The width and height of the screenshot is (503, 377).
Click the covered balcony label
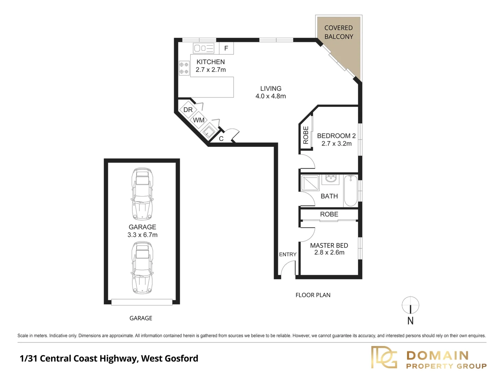[x=338, y=32]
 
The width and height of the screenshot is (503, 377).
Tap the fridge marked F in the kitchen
[x=226, y=48]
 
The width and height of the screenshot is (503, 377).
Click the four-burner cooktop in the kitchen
[x=184, y=68]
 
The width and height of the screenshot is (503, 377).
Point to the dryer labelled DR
[x=188, y=110]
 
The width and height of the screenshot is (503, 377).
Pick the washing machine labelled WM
[x=199, y=120]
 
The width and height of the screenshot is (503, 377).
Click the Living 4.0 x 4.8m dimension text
[x=271, y=96]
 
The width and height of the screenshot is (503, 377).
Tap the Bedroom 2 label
[x=336, y=136]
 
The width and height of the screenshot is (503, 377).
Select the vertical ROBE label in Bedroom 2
[x=306, y=135]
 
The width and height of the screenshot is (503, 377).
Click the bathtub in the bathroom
[x=350, y=191]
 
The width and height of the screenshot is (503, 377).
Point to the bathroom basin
[x=330, y=179]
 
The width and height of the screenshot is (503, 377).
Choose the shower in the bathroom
[x=310, y=183]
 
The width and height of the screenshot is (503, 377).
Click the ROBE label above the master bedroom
[x=329, y=214]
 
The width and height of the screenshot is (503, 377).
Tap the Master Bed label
[x=329, y=245]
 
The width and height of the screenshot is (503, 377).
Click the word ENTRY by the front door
[x=287, y=254]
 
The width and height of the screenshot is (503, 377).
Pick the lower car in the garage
[x=142, y=268]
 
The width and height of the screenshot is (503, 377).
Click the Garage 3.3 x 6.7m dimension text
[x=143, y=235]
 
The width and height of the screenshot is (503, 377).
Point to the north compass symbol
[x=410, y=306]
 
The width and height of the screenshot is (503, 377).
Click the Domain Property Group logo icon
[x=384, y=357]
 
